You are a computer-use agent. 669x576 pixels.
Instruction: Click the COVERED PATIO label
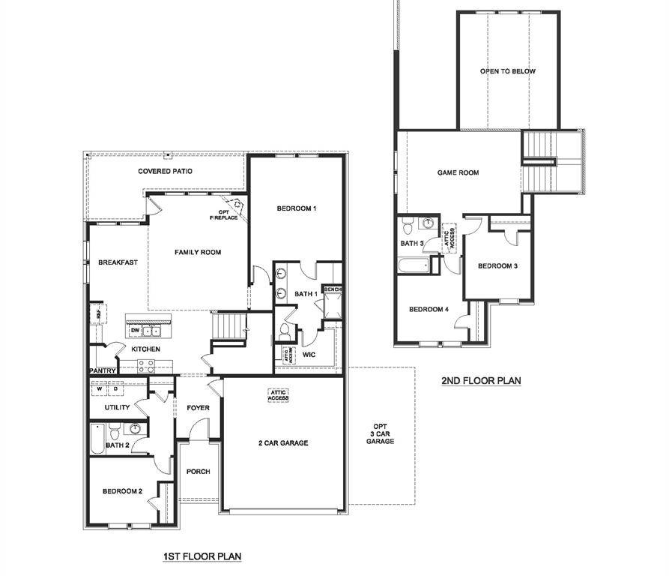coord(165,172)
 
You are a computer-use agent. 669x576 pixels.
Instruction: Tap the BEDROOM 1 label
coord(297,208)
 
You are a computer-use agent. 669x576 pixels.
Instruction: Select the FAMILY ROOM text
coord(198,253)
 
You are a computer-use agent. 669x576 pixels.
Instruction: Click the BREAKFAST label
coord(118,262)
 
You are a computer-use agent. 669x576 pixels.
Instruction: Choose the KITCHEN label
coord(145,349)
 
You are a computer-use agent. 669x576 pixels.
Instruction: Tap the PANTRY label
coord(101,370)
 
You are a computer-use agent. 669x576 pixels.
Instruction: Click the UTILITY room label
coord(118,407)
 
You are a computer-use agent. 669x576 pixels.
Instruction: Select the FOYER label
coord(199,408)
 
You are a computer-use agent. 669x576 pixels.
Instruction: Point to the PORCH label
coord(199,472)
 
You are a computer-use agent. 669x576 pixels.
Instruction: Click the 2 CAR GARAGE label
coord(283,443)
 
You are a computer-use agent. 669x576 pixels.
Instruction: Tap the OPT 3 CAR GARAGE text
coord(380,434)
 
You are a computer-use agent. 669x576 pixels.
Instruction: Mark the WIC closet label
coord(309,354)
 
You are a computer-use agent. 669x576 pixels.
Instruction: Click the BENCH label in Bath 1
coord(332,289)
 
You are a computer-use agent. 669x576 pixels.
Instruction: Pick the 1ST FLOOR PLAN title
coord(202,556)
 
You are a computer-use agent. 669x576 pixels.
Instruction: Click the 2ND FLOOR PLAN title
coord(480,381)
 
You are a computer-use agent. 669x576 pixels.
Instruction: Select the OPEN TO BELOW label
coord(508,71)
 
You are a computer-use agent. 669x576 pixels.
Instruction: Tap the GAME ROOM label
coord(458,172)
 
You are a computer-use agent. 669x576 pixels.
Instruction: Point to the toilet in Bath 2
coord(115,433)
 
